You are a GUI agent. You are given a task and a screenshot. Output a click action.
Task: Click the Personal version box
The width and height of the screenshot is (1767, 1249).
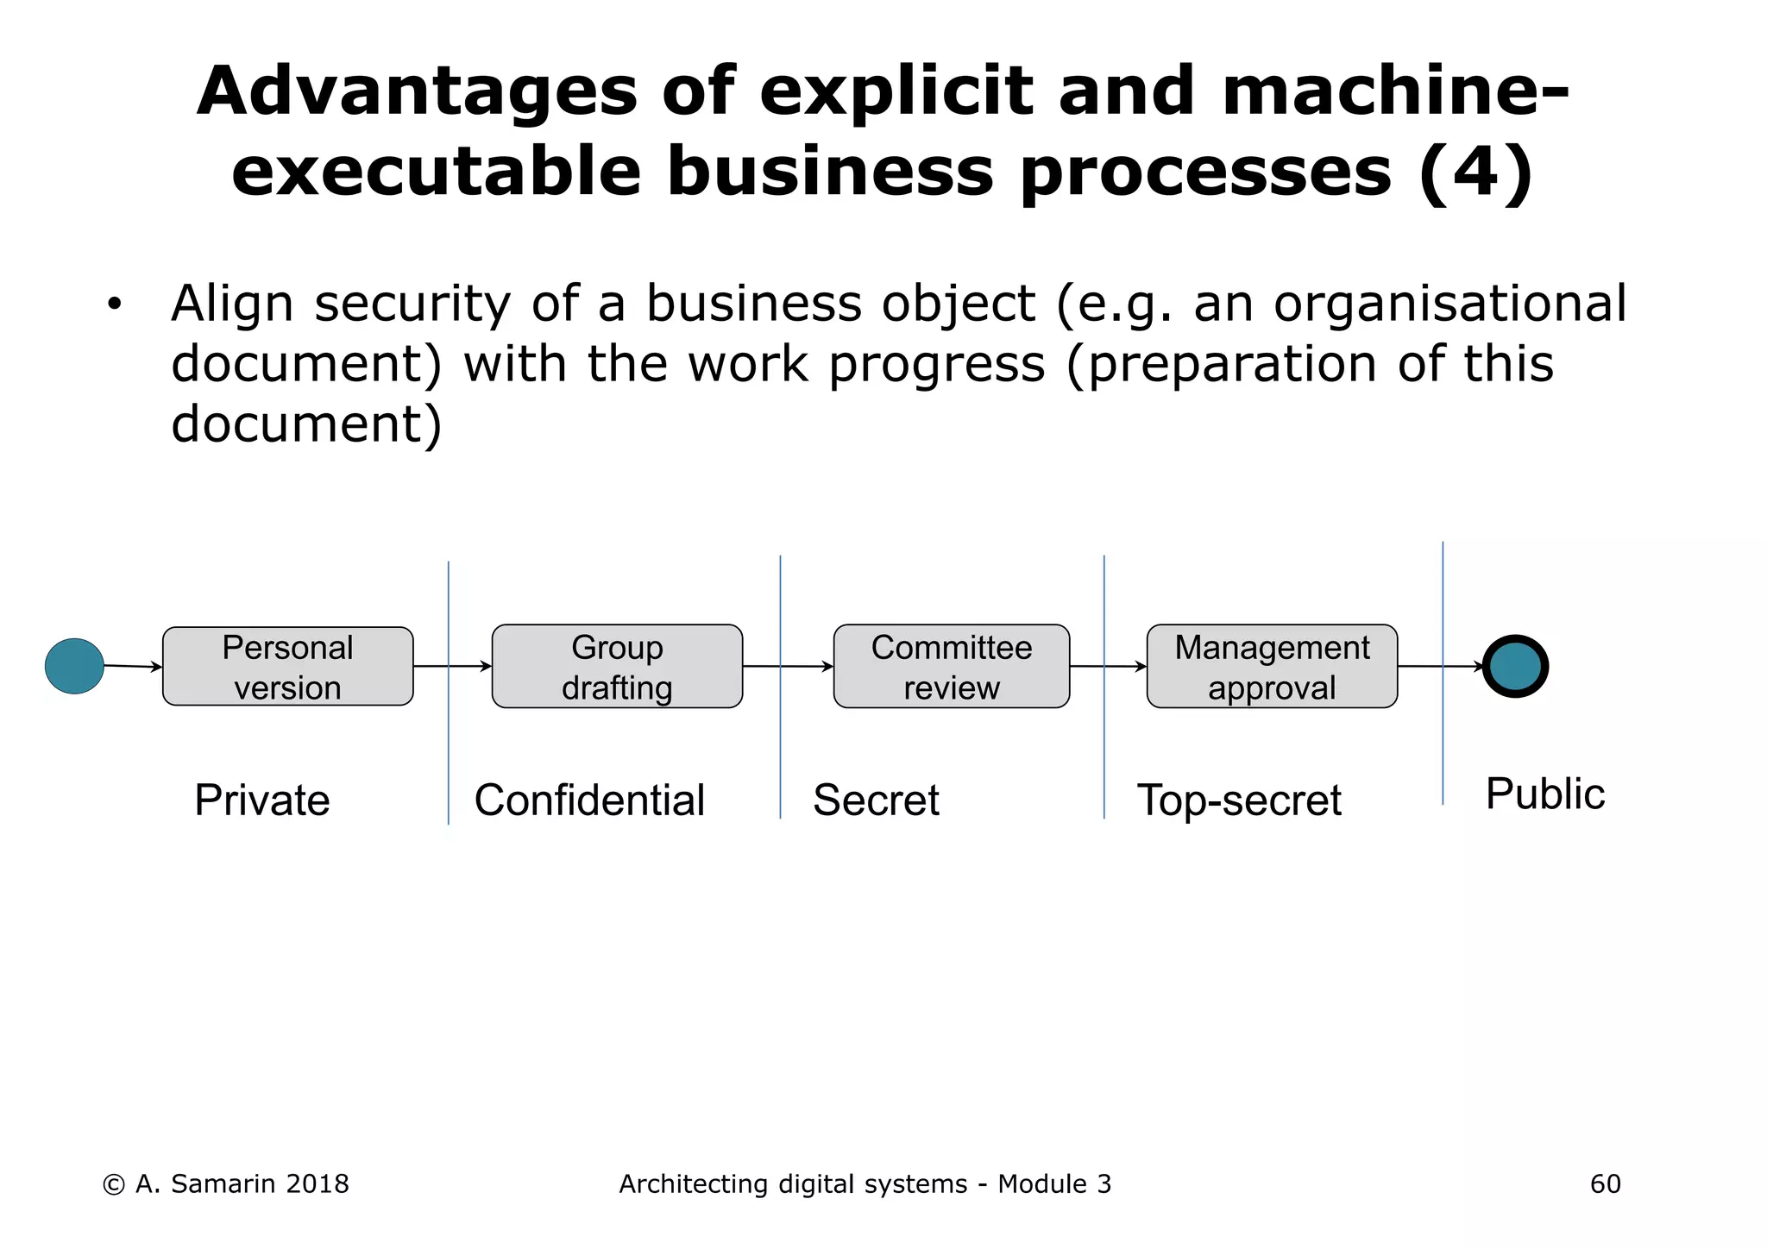click(287, 667)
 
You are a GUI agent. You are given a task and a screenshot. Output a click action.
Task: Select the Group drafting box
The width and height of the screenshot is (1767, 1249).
click(617, 667)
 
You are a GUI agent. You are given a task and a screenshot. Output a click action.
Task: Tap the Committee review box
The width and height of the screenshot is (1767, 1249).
click(951, 667)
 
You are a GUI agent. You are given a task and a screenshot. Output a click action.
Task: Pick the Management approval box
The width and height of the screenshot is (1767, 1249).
click(1272, 667)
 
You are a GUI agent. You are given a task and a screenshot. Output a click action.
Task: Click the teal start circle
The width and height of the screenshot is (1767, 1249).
click(74, 666)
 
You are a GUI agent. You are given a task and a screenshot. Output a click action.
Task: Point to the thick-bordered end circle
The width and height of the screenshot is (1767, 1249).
click(1515, 666)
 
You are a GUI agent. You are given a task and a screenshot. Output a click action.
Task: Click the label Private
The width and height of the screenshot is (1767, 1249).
click(261, 800)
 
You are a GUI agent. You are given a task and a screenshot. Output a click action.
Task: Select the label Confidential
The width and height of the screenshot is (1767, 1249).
click(589, 800)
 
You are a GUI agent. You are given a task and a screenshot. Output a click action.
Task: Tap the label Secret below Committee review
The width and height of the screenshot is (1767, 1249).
click(876, 800)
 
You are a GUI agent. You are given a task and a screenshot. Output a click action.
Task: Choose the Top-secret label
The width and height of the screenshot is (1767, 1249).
click(1239, 800)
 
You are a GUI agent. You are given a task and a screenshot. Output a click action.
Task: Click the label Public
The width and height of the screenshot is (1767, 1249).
click(1544, 794)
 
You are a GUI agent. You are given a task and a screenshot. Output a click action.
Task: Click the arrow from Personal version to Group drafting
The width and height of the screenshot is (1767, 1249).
click(452, 666)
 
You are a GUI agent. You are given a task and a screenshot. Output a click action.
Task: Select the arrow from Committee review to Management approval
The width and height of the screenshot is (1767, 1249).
click(1108, 666)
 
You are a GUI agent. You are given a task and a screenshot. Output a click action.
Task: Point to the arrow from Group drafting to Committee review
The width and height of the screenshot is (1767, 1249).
click(788, 666)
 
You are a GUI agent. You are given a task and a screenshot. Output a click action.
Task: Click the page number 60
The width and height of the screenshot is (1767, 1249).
click(1605, 1184)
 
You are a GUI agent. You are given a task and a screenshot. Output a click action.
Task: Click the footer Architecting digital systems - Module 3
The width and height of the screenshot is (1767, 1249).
click(865, 1184)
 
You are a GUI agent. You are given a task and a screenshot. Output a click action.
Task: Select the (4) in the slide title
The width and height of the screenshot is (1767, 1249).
click(1475, 171)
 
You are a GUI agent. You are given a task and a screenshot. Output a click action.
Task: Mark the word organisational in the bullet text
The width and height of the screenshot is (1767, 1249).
click(1449, 304)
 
